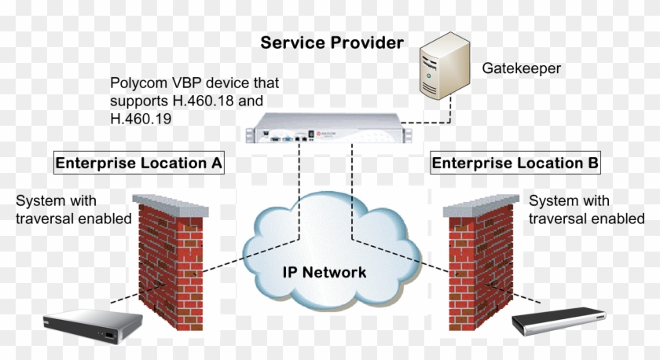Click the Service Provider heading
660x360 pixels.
tap(332, 42)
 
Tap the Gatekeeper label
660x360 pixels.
tap(521, 68)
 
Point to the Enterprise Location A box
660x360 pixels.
tap(138, 163)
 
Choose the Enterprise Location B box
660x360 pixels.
tap(515, 163)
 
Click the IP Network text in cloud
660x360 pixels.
tap(324, 273)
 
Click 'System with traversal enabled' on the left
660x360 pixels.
tap(73, 210)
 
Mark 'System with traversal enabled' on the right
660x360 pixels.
tap(585, 210)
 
